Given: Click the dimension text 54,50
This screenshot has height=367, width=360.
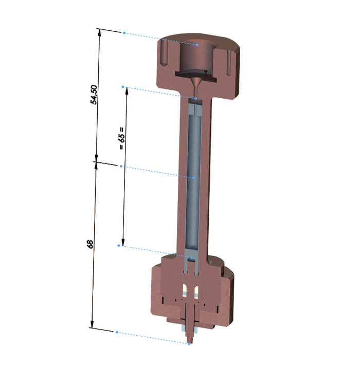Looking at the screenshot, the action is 94,95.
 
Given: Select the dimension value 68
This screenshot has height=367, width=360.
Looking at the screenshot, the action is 90,244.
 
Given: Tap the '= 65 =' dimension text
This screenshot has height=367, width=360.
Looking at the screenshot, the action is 121,138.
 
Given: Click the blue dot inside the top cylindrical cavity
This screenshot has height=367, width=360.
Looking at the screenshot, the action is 197,45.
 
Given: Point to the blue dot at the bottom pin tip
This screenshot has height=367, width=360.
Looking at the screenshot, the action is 189,344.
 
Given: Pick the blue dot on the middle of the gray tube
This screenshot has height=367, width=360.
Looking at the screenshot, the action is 193,178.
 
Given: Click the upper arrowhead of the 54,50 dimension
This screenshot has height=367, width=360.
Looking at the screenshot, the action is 100,32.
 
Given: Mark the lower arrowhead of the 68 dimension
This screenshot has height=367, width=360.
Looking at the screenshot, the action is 92,324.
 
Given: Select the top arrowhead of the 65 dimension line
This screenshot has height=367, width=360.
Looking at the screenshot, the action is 127,91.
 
